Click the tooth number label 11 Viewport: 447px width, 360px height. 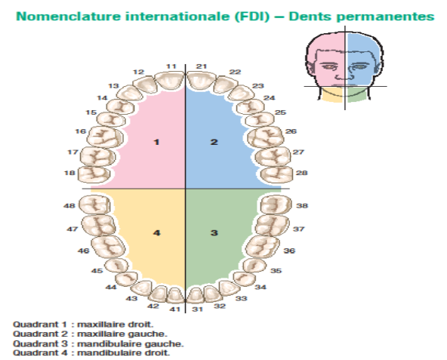[171, 66]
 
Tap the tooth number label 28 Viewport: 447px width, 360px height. [301, 173]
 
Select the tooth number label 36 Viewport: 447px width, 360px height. [289, 251]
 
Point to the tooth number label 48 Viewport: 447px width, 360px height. [69, 205]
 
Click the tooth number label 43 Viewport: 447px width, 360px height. [131, 298]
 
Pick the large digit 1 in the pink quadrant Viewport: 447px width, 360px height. [156, 142]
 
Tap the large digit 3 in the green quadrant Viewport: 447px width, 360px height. [214, 233]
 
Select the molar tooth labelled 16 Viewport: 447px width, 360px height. [105, 137]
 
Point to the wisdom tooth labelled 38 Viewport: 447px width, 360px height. [276, 204]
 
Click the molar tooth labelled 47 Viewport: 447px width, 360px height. [99, 225]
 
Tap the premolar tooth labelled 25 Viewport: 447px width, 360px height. [260, 119]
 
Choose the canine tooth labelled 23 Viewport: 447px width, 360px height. [241, 93]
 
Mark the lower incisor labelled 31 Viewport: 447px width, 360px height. [196, 296]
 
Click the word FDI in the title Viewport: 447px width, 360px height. [252, 17]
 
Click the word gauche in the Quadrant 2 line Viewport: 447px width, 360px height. [150, 334]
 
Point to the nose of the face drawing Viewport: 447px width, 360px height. [342, 75]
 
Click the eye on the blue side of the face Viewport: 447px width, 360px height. [359, 67]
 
